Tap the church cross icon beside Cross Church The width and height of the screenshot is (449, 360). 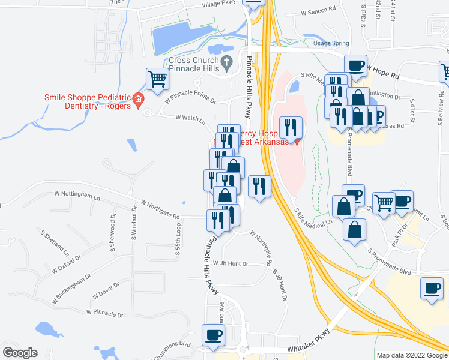[227, 61]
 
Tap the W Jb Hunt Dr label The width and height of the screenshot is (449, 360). [231, 263]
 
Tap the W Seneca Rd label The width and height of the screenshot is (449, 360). [318, 11]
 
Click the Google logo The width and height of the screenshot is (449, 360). [20, 353]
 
